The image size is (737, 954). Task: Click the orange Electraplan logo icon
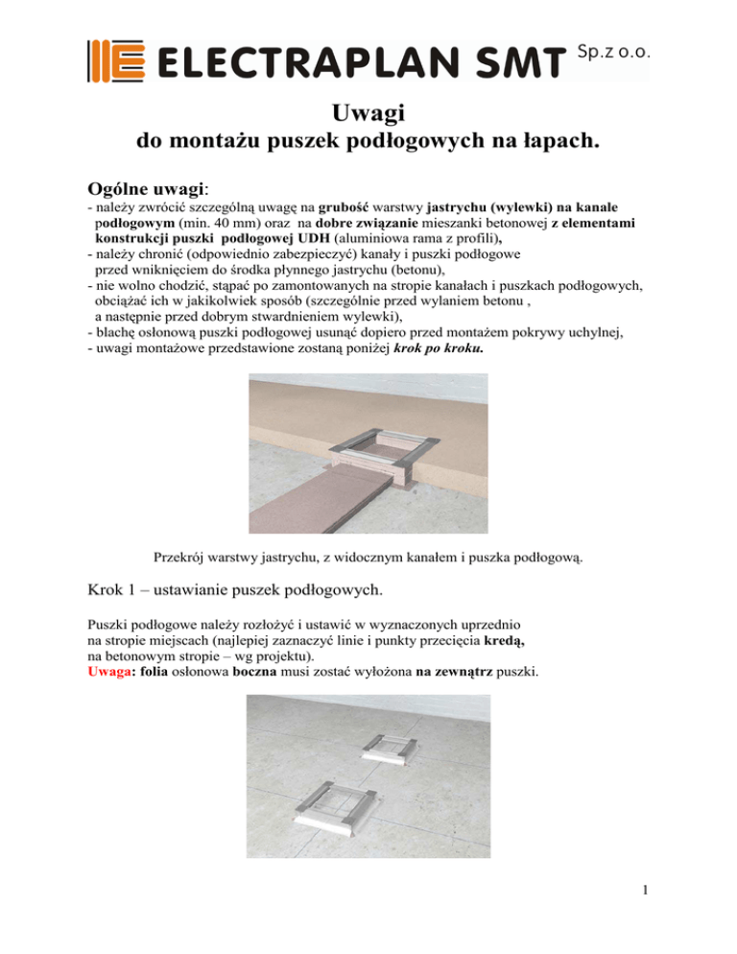(115, 60)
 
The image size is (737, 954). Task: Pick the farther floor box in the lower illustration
(409, 746)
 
